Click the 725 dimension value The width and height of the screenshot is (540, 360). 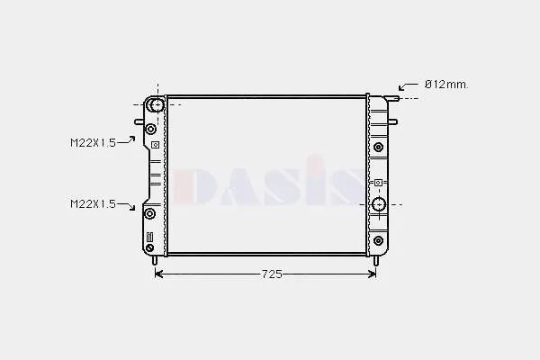pos(272,274)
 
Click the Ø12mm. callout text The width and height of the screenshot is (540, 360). pos(446,85)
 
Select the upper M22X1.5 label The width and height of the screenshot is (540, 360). pos(93,142)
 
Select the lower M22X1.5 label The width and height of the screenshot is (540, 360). pos(93,204)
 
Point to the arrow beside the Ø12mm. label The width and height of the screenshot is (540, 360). pos(409,85)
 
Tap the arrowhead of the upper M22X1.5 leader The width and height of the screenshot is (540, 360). pos(132,138)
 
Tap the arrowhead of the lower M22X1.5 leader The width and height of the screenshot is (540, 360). pos(132,207)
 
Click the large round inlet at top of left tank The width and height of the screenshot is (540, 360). pos(157,104)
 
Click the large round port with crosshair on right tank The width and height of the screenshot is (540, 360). pos(379,204)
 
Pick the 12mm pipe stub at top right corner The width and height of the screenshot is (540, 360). pos(392,98)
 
